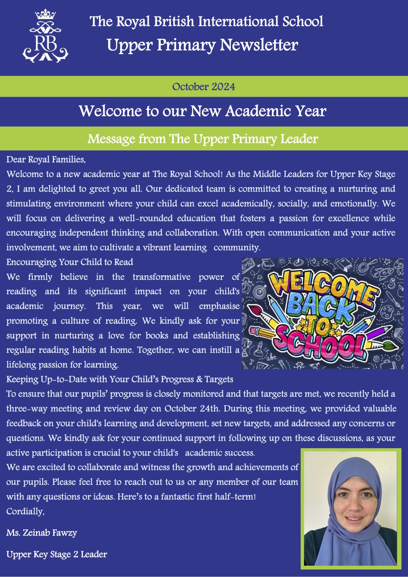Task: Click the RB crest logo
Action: coord(45,38)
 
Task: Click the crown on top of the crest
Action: coord(45,15)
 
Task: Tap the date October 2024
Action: coord(204,87)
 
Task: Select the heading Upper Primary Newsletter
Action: coord(202,45)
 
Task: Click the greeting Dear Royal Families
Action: coord(46,159)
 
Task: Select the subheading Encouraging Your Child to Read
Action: coord(70,262)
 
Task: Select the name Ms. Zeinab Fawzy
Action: coord(41,533)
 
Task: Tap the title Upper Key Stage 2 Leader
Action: coord(57,554)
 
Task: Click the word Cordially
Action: coord(25,512)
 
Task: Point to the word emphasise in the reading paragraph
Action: coord(219,306)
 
